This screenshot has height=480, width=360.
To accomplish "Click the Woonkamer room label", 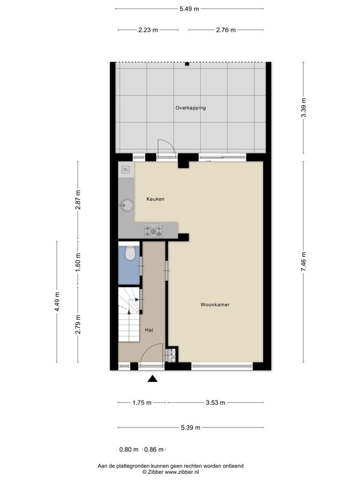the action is [215, 305].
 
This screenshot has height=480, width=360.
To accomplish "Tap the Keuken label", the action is [155, 199].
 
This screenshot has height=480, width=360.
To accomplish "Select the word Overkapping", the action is [190, 108].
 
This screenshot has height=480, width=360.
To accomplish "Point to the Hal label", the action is [149, 330].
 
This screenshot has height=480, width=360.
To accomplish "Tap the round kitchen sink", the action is [127, 205].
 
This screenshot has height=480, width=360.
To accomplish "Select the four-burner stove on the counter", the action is [153, 230].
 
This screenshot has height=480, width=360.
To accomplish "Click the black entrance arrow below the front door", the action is [152, 379].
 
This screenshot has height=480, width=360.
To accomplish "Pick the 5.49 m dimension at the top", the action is [189, 9].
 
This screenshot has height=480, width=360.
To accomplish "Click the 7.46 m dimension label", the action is [303, 262].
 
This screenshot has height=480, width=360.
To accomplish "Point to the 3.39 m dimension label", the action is [303, 107].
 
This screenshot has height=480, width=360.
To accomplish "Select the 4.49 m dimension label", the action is [57, 301].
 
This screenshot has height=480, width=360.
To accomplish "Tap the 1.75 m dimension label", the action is [142, 403].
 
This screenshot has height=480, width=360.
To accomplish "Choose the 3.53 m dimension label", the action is [215, 403].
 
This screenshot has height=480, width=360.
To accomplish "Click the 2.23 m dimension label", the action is [148, 30].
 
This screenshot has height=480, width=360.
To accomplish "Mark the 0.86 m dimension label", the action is [154, 450].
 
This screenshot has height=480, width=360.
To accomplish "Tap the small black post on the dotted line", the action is [187, 64].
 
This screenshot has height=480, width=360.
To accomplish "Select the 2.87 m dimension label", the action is [78, 200].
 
